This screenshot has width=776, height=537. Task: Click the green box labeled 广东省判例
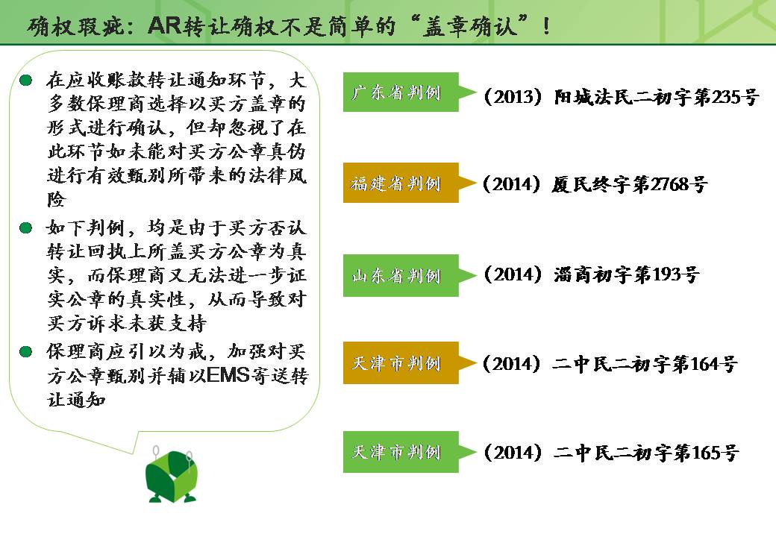(x=401, y=92)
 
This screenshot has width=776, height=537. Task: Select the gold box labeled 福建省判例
(x=401, y=183)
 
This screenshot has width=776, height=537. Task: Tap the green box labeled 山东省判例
(x=401, y=275)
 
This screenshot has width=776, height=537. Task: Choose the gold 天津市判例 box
(x=401, y=363)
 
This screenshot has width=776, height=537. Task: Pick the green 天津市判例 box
(x=401, y=452)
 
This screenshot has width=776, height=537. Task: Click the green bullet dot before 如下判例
(x=26, y=227)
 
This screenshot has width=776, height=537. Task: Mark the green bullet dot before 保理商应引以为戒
(x=26, y=351)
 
